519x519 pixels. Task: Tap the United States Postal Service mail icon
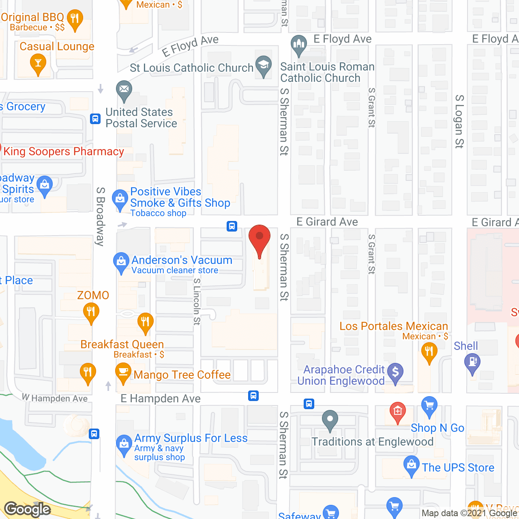click(x=124, y=90)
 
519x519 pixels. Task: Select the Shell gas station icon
click(x=472, y=361)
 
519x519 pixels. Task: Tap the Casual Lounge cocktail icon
click(x=38, y=63)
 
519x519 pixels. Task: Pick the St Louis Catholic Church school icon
click(x=264, y=64)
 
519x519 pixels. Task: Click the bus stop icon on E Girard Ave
click(x=232, y=226)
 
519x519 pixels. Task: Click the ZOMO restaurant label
click(x=93, y=295)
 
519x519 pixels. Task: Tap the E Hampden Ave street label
click(x=161, y=399)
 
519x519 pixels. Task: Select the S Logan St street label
click(x=459, y=121)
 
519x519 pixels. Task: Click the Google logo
click(x=28, y=509)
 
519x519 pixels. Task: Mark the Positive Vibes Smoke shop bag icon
click(x=120, y=198)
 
